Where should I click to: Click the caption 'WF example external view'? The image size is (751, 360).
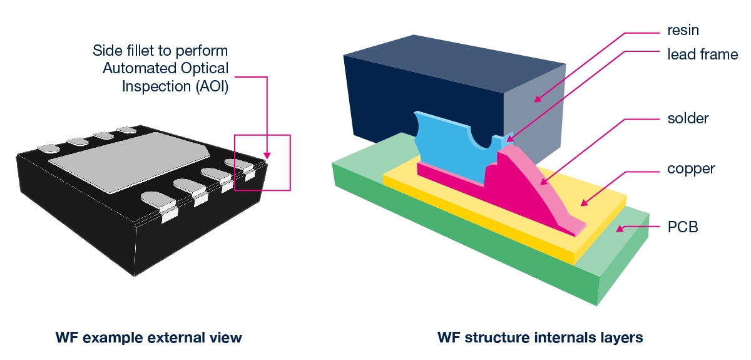point(148,338)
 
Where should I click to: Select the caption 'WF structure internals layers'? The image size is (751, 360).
point(540,338)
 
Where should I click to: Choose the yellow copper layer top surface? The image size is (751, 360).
point(601,207)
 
